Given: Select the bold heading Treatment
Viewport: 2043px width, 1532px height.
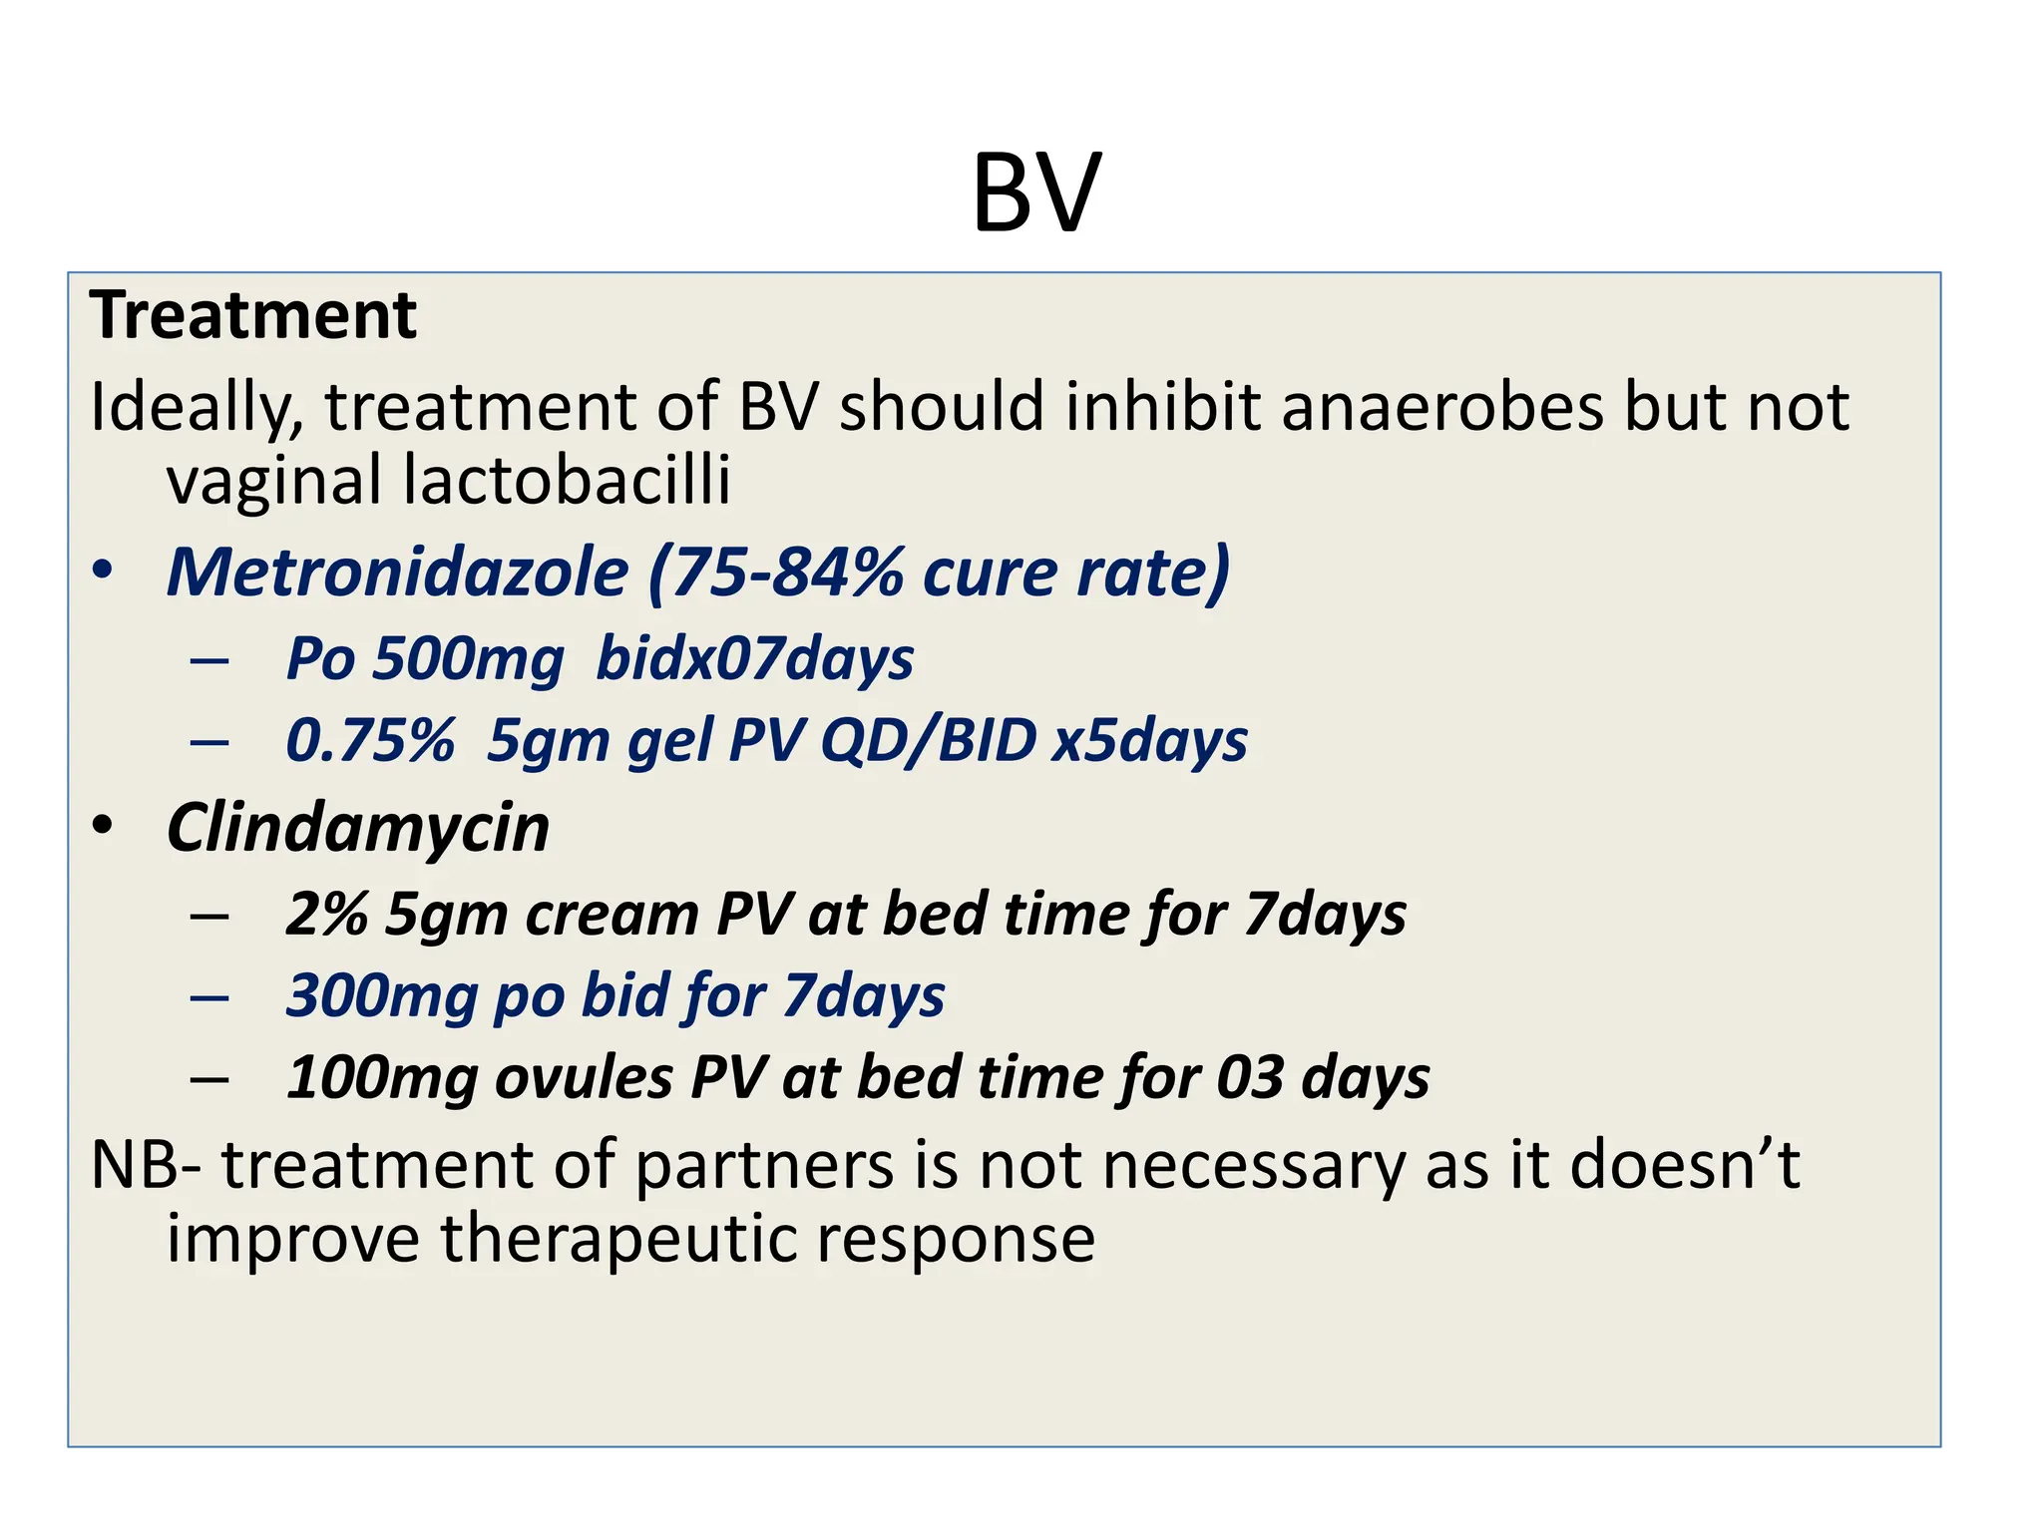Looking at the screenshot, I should pyautogui.click(x=252, y=315).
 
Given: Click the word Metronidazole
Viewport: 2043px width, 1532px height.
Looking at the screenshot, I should pyautogui.click(x=397, y=573).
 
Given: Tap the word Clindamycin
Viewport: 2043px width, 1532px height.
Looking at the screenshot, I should pyautogui.click(x=358, y=828).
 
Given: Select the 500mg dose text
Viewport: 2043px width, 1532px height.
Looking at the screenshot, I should pyautogui.click(x=467, y=659).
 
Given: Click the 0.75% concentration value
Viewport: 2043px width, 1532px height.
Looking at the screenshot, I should pyautogui.click(x=370, y=741).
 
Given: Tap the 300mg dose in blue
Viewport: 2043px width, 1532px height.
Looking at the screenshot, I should pyautogui.click(x=382, y=996).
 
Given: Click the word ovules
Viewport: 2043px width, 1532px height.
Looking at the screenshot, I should pyautogui.click(x=584, y=1078).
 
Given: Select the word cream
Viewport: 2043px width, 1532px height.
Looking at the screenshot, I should pyautogui.click(x=612, y=915).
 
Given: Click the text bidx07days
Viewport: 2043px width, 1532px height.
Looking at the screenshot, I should pyautogui.click(x=754, y=659).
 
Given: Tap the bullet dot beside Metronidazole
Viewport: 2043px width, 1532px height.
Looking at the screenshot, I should pyautogui.click(x=103, y=572).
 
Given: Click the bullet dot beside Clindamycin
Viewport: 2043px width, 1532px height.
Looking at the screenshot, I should pyautogui.click(x=103, y=827).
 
